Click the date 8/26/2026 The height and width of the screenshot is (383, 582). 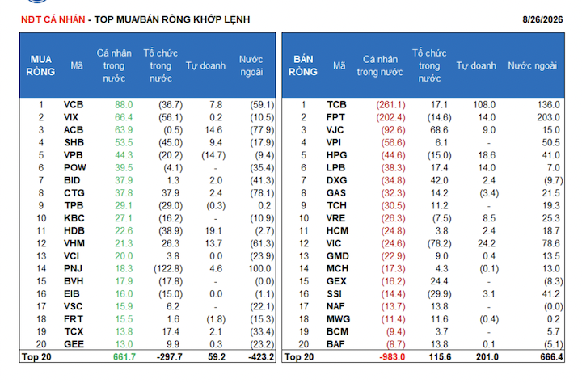[x=542, y=19]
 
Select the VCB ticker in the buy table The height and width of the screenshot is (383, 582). [x=74, y=105]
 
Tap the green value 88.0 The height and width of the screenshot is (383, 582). [x=124, y=105]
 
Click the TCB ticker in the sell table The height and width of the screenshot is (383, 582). [x=336, y=105]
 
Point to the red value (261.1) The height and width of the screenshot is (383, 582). [x=391, y=105]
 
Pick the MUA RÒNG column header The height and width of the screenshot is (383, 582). [x=40, y=65]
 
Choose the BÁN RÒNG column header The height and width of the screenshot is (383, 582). [x=303, y=65]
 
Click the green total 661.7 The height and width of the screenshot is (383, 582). [x=124, y=357]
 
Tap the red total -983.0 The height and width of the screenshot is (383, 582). [x=392, y=357]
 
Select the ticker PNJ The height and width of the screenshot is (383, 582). [x=73, y=269]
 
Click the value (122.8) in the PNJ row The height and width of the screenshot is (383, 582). [x=168, y=269]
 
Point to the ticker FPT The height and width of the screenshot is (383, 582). [x=335, y=117]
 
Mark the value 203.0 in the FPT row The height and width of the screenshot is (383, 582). [x=548, y=117]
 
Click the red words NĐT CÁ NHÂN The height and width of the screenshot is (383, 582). [x=53, y=19]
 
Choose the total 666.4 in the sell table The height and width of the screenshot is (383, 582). [x=551, y=357]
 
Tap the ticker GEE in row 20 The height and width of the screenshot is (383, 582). [x=74, y=344]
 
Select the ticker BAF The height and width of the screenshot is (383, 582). [x=335, y=344]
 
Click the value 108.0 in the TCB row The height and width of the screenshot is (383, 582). [x=484, y=105]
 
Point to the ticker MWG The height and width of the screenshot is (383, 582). [x=338, y=319]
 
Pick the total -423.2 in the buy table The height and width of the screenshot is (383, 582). [x=261, y=357]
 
